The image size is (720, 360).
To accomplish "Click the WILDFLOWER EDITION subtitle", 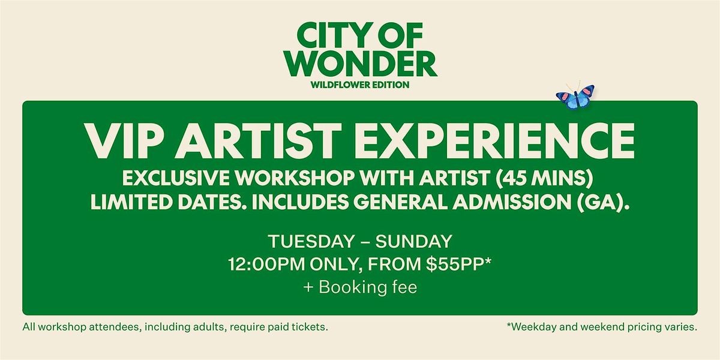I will (x=359, y=85).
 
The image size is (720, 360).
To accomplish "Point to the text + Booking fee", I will (x=359, y=287).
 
